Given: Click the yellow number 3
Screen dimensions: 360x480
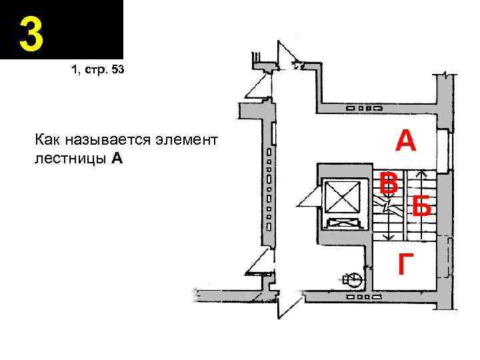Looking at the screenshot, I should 31,34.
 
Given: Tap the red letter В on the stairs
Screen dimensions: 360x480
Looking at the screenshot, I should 389,183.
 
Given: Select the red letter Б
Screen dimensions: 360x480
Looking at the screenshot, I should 421,207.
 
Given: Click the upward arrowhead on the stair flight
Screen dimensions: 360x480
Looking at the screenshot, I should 421,174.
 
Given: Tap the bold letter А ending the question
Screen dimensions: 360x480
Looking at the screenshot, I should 117,159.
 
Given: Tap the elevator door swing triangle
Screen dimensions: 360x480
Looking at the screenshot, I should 309,198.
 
